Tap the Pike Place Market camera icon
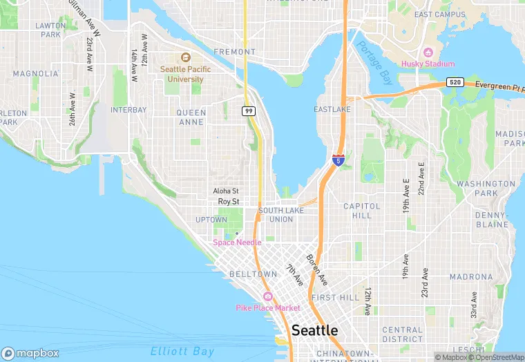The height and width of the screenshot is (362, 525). pos(267,296)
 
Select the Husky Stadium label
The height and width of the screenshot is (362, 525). pos(433,64)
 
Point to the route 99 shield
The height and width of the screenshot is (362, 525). pos(248,111)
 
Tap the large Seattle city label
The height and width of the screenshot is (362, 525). pos(314,330)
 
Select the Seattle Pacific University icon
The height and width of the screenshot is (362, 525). pos(185,58)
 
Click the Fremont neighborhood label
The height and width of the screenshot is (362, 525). pos(234,52)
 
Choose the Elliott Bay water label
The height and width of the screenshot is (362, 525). pos(183,351)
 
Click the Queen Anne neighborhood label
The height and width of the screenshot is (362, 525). pos(191,117)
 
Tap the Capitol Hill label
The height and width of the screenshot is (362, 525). pos(361,211)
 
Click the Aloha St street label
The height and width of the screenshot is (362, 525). pos(226,191)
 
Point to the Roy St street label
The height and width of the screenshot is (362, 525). pos(228,202)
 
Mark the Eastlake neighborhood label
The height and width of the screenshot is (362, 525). pos(332,110)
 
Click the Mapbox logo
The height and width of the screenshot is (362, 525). pos(30,353)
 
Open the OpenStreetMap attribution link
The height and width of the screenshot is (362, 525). pos(495,356)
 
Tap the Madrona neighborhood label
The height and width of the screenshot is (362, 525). pos(471,276)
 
